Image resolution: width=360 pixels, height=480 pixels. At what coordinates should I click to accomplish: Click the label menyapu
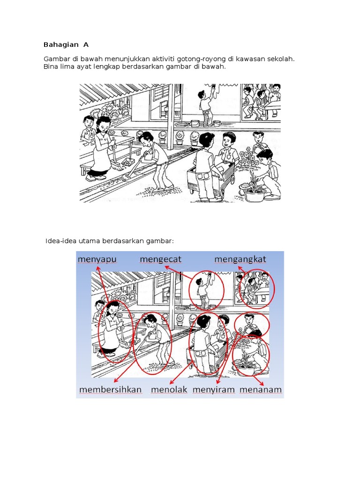pos(97,259)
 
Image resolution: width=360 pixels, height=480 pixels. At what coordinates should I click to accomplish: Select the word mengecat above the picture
pos(161,259)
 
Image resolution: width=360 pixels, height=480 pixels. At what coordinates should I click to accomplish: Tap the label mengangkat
pos(240,259)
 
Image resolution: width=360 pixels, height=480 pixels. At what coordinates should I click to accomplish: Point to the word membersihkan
pos(111,390)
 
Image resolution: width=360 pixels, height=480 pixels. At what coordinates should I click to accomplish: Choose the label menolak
pos(169,390)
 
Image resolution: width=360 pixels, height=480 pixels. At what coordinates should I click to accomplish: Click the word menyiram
pos(213,390)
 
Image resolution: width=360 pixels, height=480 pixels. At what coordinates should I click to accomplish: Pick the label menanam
pos(261,390)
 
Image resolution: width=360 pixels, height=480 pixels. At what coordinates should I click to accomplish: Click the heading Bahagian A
pos(66,45)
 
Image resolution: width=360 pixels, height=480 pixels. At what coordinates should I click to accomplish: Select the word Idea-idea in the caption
pos(62,241)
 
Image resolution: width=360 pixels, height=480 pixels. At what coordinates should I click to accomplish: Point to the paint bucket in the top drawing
pos(195,123)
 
